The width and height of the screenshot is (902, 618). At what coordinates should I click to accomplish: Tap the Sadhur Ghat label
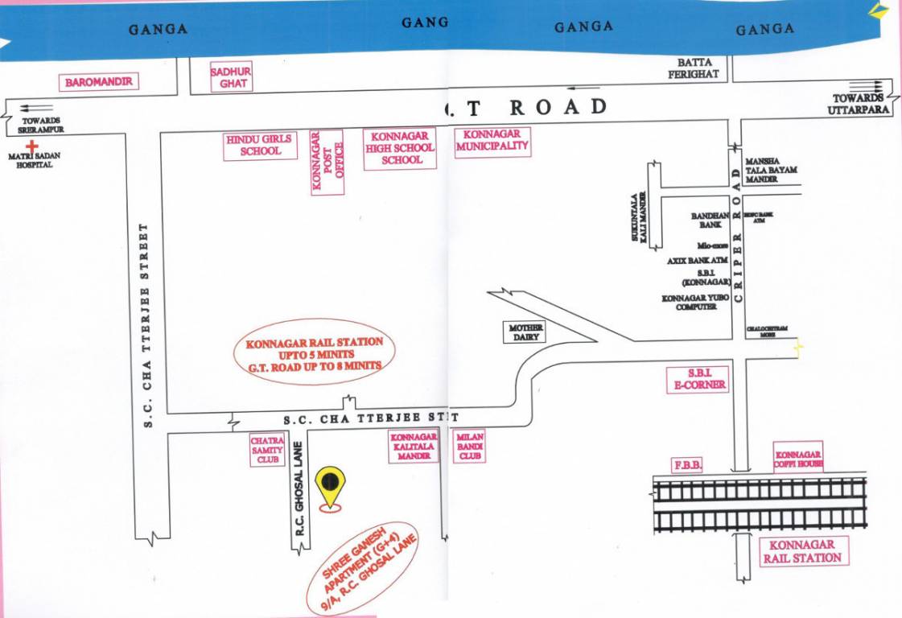pos(231,77)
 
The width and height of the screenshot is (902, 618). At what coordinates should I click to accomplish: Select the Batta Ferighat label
pos(694,68)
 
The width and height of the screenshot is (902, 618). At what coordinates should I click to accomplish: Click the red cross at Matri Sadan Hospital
pos(32,146)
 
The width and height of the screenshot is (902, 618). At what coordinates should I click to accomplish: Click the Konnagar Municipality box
pos(492,141)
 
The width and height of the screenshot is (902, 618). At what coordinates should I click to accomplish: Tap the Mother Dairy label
pos(525,332)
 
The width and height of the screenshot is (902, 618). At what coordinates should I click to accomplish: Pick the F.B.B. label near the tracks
pos(687,465)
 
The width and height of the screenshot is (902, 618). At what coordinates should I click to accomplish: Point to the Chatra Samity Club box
pos(268,451)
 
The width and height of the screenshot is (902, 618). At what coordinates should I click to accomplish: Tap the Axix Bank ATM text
pos(697,261)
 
